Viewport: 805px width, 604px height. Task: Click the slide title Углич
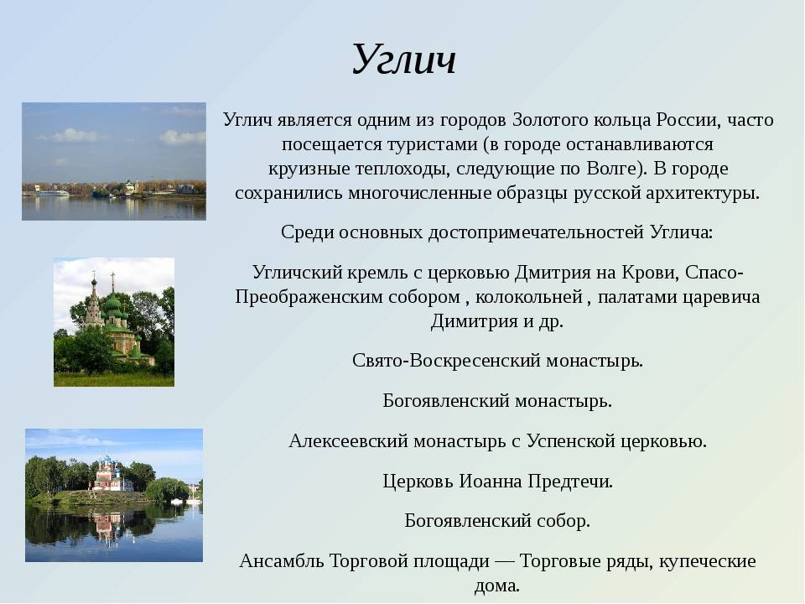[x=404, y=60]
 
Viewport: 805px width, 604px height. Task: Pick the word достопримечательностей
[x=536, y=232]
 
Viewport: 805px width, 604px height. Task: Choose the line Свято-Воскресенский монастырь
[x=497, y=361]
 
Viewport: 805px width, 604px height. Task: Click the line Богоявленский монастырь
[x=497, y=401]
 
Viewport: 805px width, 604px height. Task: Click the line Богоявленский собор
[x=497, y=521]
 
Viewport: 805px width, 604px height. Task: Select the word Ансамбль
[x=282, y=561]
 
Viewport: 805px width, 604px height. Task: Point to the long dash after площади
[x=504, y=561]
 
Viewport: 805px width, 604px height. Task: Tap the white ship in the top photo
[x=51, y=193]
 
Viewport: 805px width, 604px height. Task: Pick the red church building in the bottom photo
[x=111, y=476]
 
